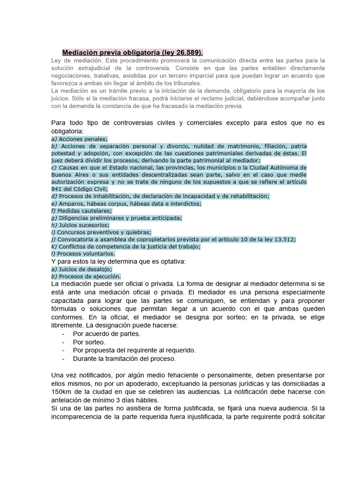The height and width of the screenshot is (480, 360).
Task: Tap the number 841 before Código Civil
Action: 57,189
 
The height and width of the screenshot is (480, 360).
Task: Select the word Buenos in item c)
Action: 61,174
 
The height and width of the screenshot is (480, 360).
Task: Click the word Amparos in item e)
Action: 70,203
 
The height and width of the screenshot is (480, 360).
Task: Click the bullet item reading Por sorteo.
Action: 89,342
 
